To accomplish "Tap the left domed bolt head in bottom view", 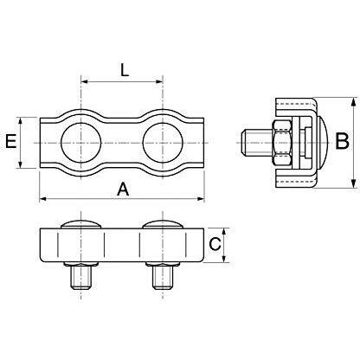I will click(80, 227).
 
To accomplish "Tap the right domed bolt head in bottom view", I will click(162, 227).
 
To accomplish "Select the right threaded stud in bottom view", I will click(162, 277).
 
